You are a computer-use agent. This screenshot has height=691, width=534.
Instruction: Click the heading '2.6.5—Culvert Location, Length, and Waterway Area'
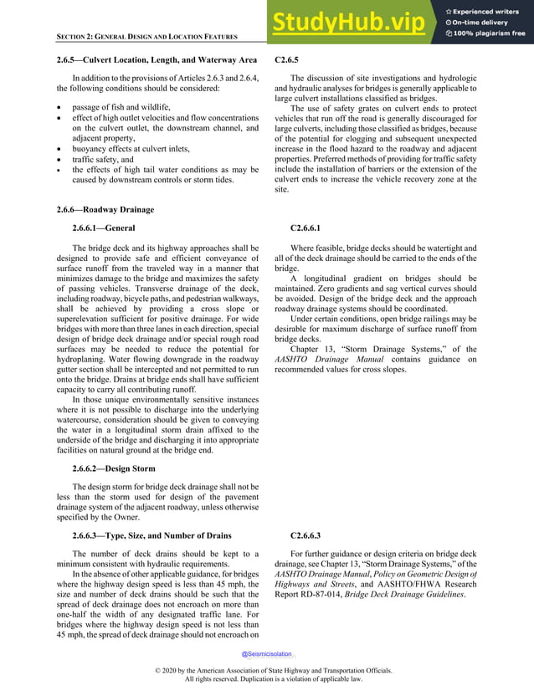[x=157, y=60]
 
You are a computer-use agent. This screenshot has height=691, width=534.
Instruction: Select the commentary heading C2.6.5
[x=286, y=60]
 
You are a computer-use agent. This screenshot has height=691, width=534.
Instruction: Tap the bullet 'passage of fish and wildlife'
[x=121, y=108]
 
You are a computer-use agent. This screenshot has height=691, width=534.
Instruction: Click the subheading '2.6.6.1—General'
[x=104, y=228]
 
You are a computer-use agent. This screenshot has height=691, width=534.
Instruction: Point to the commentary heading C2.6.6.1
[x=306, y=228]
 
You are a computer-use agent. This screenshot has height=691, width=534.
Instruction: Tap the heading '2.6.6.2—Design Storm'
[x=114, y=468]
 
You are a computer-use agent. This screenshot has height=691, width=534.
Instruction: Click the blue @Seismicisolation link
[x=267, y=654]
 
